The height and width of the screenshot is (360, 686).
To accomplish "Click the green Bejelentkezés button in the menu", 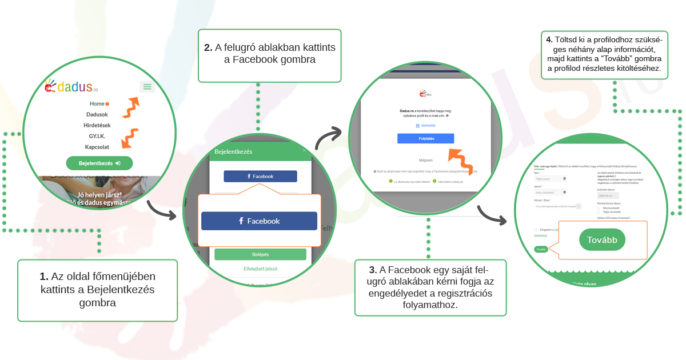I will tap(99, 163).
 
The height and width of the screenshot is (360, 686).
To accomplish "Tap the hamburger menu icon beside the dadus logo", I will tap(147, 87).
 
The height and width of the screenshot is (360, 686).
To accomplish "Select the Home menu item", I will tap(97, 103).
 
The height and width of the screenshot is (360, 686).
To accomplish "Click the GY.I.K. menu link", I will tap(97, 136).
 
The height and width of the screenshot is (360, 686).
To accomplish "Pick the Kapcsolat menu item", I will tap(97, 147).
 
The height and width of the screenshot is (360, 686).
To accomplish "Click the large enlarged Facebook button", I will tap(259, 221).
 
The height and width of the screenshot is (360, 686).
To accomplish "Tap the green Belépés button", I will tap(260, 254).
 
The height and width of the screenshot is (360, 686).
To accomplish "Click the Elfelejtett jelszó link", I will tap(260, 268).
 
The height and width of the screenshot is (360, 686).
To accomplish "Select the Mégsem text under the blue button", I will tap(425, 160).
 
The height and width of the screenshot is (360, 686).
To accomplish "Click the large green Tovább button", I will tap(599, 240).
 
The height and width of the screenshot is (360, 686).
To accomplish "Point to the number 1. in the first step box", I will tap(44, 277).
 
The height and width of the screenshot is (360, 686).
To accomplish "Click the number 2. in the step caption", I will tap(208, 48).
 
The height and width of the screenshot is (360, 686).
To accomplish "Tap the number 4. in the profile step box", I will tap(549, 40).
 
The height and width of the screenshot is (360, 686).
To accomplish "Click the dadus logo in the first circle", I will tap(72, 87).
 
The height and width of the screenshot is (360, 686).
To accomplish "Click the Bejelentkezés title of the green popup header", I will tap(233, 151).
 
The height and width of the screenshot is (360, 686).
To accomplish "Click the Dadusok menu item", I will tap(97, 114).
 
